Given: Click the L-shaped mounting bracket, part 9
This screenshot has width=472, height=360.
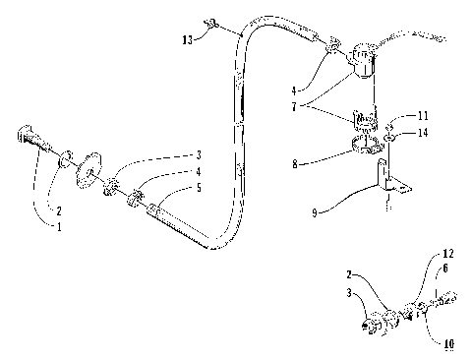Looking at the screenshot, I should (391, 183).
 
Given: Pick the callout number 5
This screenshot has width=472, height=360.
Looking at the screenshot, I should (199, 188).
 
